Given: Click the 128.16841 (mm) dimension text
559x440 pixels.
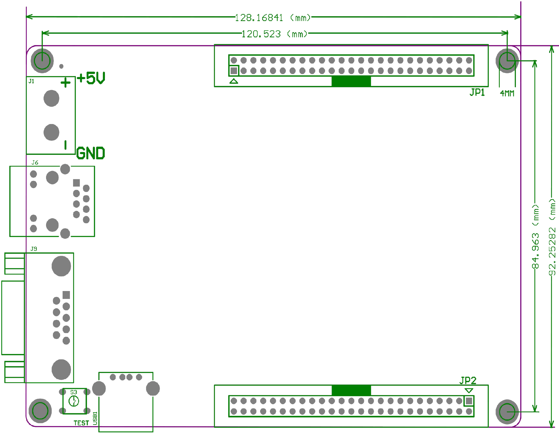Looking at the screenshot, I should [x=273, y=17].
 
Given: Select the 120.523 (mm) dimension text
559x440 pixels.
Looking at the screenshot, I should [x=274, y=34].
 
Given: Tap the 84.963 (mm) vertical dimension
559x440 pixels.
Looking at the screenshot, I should [x=536, y=236].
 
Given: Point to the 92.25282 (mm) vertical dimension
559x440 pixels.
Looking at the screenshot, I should [x=552, y=236].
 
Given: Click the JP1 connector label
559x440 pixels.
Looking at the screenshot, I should [x=477, y=92].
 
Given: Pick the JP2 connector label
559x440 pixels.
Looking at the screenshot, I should [x=468, y=380].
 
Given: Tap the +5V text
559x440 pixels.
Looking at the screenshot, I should [x=91, y=79].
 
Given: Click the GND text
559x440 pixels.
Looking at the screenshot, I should [x=90, y=154].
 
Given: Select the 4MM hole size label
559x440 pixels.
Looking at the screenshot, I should [x=507, y=93].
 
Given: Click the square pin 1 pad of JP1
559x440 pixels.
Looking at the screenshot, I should [x=234, y=70].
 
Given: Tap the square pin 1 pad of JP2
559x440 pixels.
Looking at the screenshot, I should [x=469, y=401].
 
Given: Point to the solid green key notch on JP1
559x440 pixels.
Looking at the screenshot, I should [x=351, y=81].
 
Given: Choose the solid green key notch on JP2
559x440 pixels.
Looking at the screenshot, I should [x=351, y=390].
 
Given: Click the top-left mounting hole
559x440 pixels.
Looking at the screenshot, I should [x=42, y=61].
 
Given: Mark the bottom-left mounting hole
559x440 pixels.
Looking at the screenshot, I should [x=40, y=411].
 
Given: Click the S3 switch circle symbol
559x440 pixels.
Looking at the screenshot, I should [x=74, y=401].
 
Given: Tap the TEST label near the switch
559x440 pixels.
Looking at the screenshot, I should [x=81, y=423].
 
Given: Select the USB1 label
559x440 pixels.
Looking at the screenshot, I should [x=95, y=418].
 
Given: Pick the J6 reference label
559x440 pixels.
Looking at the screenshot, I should [x=35, y=162].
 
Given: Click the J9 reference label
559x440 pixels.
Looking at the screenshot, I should [x=34, y=249].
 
